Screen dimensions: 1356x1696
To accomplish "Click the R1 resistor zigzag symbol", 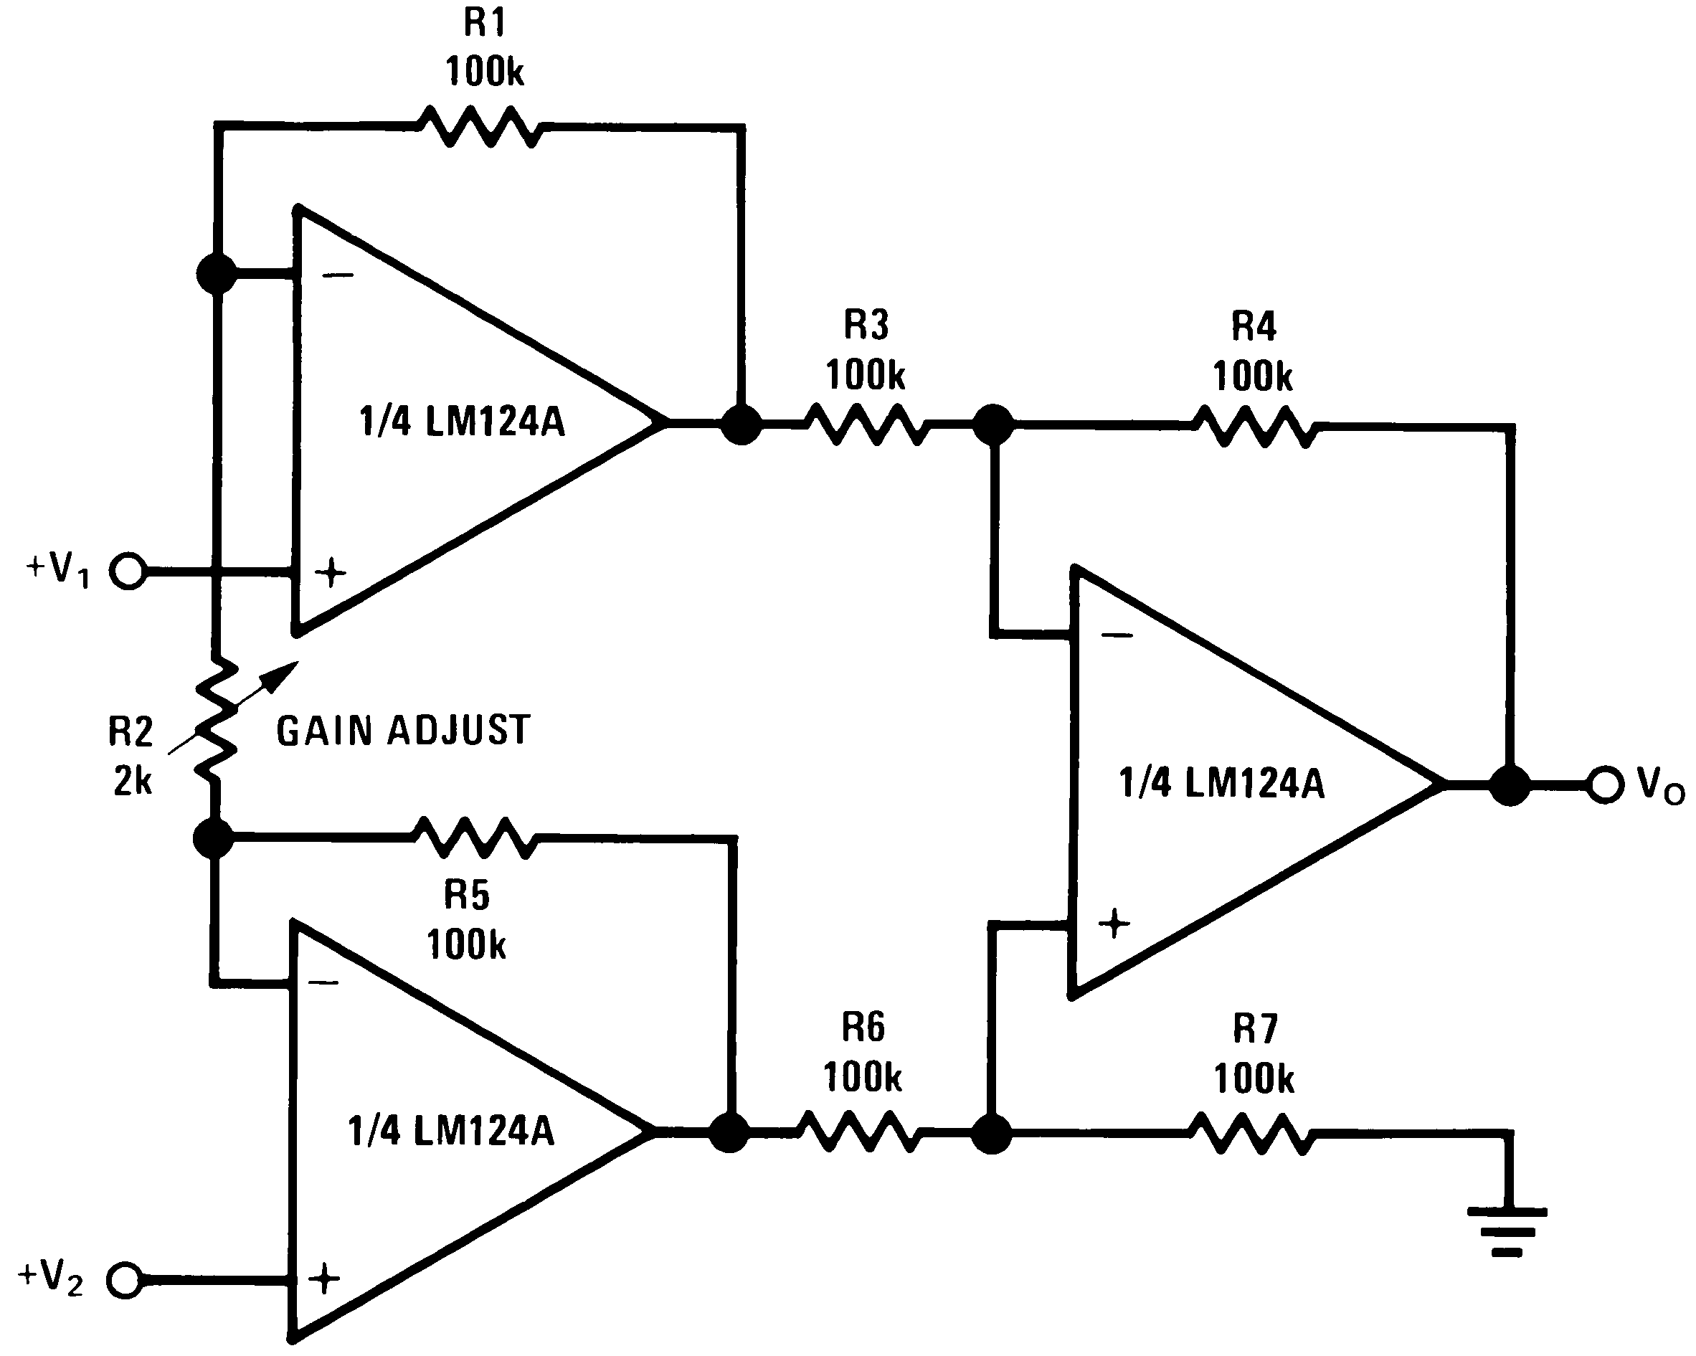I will point(479,125).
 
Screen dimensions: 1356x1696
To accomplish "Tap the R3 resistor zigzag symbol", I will point(866,425).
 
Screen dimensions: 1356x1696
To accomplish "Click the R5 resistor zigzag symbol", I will point(474,838).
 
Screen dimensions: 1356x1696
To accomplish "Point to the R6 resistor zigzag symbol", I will point(858,1132).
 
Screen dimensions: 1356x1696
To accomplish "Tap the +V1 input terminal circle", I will point(128,571).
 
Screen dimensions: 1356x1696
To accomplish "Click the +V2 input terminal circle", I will point(124,1280).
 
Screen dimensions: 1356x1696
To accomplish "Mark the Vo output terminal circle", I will point(1604,785).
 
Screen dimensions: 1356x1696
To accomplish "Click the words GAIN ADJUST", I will point(403,731).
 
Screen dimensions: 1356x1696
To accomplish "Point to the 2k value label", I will point(132,781).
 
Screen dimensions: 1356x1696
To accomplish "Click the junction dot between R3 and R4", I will point(993,425).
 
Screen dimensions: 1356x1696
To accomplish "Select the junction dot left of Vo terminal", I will point(1510,785).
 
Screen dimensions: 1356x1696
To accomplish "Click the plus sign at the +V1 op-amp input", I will point(331,573).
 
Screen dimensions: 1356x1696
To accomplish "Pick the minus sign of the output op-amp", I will point(1117,635).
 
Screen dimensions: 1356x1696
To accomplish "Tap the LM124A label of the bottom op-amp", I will point(452,1130).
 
